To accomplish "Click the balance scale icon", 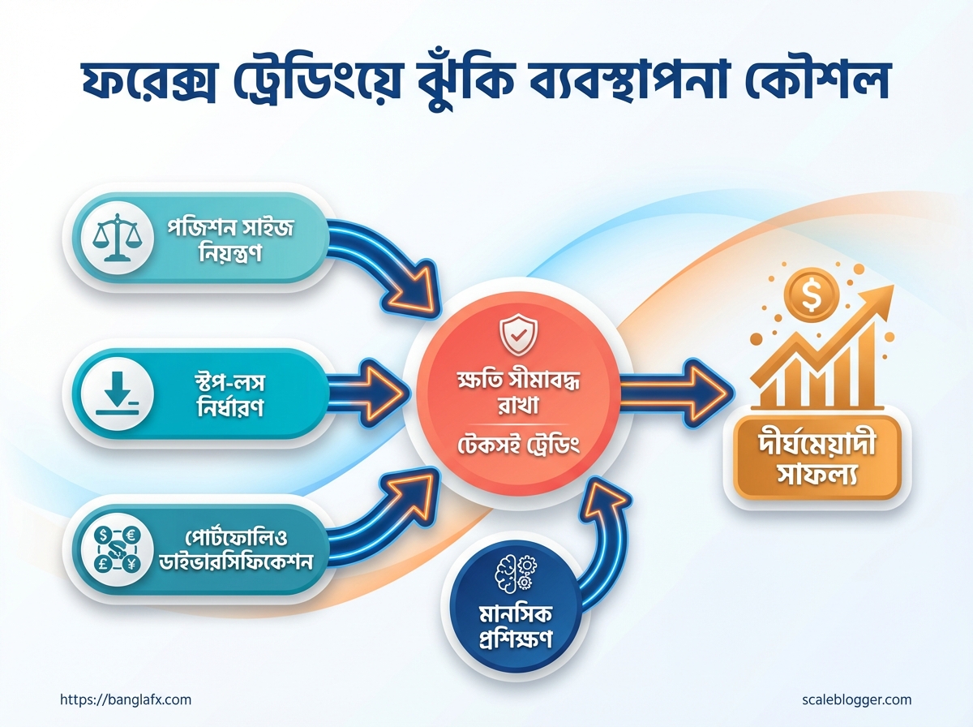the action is pyautogui.click(x=117, y=238).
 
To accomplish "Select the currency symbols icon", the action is pyautogui.click(x=118, y=549).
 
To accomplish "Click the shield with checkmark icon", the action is pyautogui.click(x=518, y=335).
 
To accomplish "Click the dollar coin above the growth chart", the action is pyautogui.click(x=811, y=295).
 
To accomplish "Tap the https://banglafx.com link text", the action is pyautogui.click(x=126, y=700).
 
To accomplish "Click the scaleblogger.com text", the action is pyautogui.click(x=856, y=700).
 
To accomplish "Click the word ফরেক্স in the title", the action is pyautogui.click(x=148, y=83).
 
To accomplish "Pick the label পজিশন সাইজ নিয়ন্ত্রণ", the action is pyautogui.click(x=230, y=241).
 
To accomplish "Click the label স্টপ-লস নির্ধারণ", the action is pyautogui.click(x=230, y=395).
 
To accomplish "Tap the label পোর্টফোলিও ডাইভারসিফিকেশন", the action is pyautogui.click(x=235, y=550).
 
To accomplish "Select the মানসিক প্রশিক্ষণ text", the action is pyautogui.click(x=516, y=626).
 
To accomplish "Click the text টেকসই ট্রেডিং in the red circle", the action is pyautogui.click(x=518, y=445).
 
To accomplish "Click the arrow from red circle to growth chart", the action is pyautogui.click(x=677, y=394).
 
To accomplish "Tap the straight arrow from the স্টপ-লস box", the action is pyautogui.click(x=368, y=394).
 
